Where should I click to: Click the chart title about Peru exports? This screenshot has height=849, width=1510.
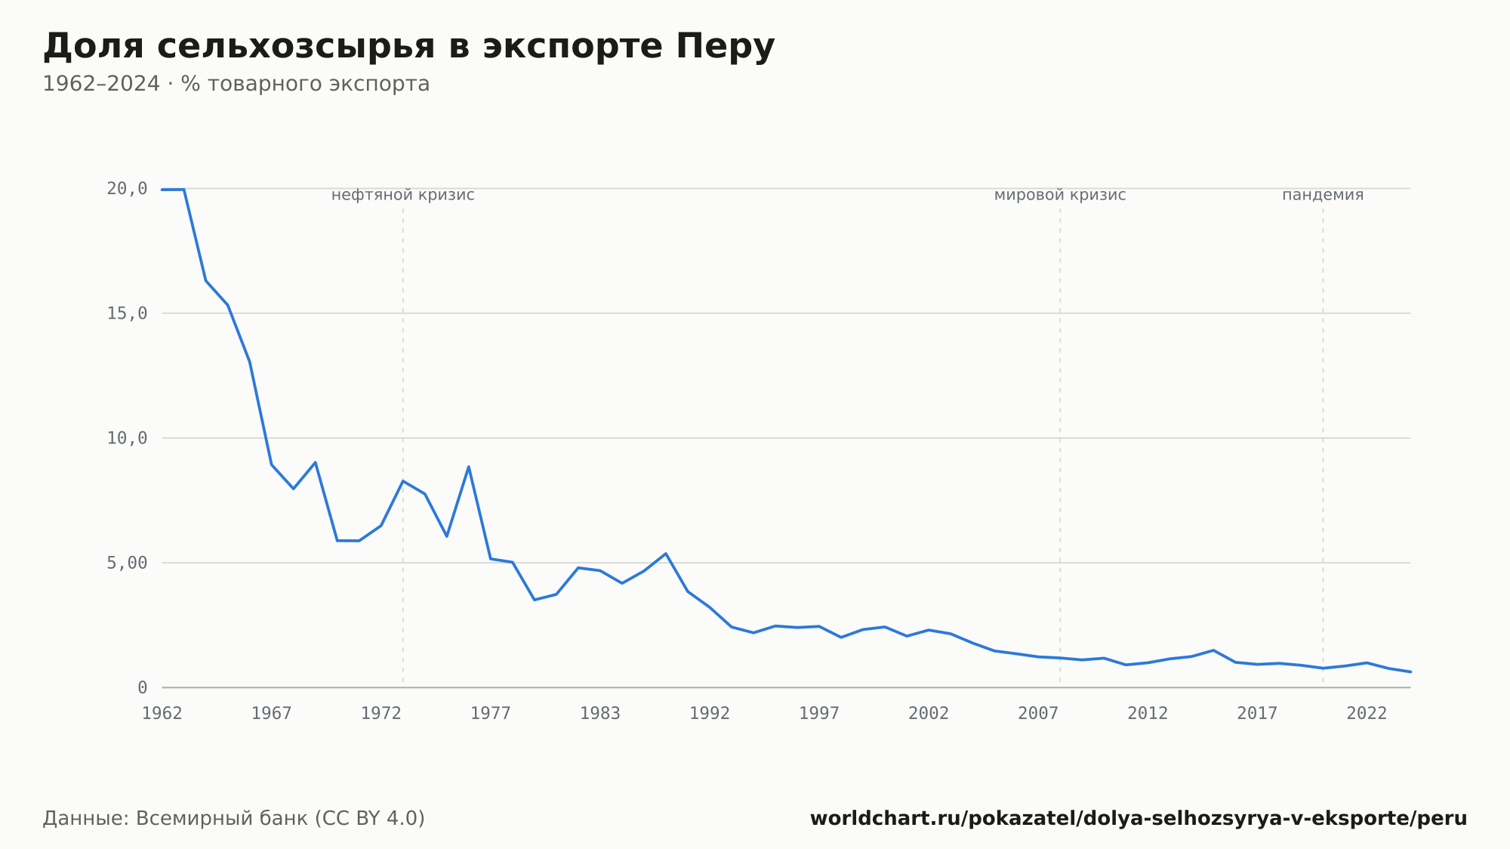pyautogui.click(x=408, y=47)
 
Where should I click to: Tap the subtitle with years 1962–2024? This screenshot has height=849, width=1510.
pyautogui.click(x=236, y=84)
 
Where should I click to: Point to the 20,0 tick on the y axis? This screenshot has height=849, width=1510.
pyautogui.click(x=127, y=189)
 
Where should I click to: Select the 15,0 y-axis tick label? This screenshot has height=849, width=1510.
pyautogui.click(x=127, y=313)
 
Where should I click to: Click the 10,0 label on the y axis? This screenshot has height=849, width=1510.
pyautogui.click(x=127, y=438)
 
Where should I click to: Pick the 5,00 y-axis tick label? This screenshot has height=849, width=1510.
pyautogui.click(x=127, y=563)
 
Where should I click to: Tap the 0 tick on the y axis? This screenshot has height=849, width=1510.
pyautogui.click(x=142, y=687)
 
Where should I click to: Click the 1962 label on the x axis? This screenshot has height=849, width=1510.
pyautogui.click(x=162, y=714)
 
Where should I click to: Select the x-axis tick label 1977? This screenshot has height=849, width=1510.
pyautogui.click(x=491, y=714)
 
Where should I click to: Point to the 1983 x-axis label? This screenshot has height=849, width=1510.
pyautogui.click(x=600, y=714)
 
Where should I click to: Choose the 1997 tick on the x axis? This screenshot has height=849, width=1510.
pyautogui.click(x=819, y=714)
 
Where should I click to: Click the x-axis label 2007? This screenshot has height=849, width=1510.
pyautogui.click(x=1038, y=714)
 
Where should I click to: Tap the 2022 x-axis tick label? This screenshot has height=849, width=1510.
pyautogui.click(x=1367, y=714)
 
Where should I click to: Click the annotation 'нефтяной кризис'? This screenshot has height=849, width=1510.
pyautogui.click(x=403, y=195)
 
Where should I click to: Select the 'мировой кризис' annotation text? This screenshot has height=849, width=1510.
pyautogui.click(x=1060, y=195)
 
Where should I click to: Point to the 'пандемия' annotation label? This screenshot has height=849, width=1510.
pyautogui.click(x=1323, y=195)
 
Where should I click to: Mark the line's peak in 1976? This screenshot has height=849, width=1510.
pyautogui.click(x=469, y=467)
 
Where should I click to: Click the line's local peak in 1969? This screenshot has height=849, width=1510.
pyautogui.click(x=315, y=462)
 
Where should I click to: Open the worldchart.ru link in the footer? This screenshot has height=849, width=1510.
pyautogui.click(x=1139, y=819)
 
